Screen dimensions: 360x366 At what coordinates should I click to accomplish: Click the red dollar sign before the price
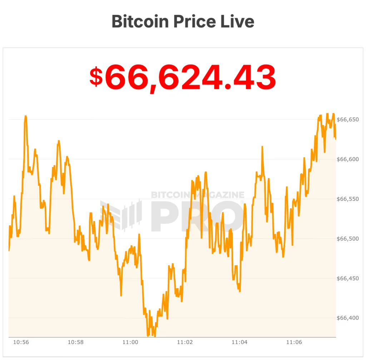click(x=96, y=77)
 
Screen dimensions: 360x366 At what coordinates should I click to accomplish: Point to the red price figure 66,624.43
click(x=190, y=77)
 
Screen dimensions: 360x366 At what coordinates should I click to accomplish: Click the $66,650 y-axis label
click(x=348, y=119)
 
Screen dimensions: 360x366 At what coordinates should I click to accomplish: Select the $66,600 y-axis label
click(x=348, y=159)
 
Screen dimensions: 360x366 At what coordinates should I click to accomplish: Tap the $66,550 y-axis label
click(x=348, y=199)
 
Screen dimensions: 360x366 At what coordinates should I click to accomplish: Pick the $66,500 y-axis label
click(x=348, y=239)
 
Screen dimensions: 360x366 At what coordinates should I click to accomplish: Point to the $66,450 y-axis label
click(x=348, y=278)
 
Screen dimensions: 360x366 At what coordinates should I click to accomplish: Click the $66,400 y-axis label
click(x=348, y=318)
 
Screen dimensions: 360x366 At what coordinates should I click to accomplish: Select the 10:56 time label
click(x=21, y=342)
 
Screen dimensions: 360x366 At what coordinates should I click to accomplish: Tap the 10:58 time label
click(x=75, y=342)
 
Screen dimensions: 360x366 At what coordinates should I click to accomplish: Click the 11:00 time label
click(x=130, y=342)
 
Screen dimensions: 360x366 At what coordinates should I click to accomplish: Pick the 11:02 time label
click(x=185, y=342)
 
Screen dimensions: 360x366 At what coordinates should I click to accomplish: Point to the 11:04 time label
click(x=239, y=342)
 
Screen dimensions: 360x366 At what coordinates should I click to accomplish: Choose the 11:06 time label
click(x=294, y=342)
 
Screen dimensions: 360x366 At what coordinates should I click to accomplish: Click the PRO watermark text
click(x=198, y=216)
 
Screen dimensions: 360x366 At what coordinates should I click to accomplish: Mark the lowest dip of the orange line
click(x=148, y=336)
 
